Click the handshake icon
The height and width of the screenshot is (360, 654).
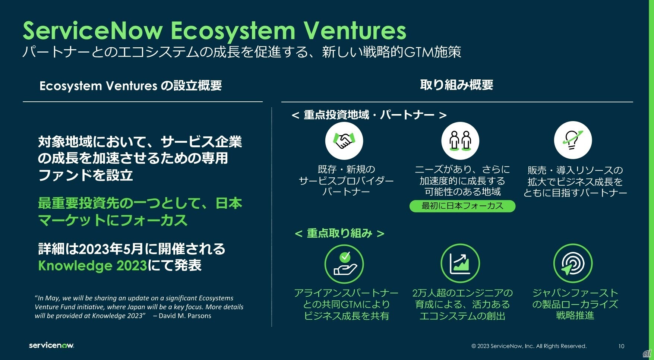click(344, 141)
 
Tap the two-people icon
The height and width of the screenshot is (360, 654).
click(460, 141)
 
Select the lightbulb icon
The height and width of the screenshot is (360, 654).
click(573, 141)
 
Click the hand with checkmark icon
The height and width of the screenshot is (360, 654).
click(344, 264)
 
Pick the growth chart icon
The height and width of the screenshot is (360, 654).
click(460, 263)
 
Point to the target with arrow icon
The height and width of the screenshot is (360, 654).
click(573, 263)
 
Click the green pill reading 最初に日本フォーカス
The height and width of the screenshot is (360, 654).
click(462, 206)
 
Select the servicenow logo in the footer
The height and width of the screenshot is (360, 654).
click(51, 345)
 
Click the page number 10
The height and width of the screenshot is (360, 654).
click(621, 346)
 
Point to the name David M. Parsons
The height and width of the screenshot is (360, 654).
click(185, 316)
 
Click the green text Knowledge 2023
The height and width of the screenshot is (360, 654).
click(92, 265)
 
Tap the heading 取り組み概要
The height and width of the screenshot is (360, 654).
click(456, 85)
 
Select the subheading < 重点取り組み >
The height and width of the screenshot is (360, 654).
click(339, 233)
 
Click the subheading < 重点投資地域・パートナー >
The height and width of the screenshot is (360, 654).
click(369, 115)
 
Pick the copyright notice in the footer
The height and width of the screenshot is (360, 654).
click(529, 346)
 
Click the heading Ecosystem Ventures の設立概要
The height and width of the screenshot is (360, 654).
click(130, 86)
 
